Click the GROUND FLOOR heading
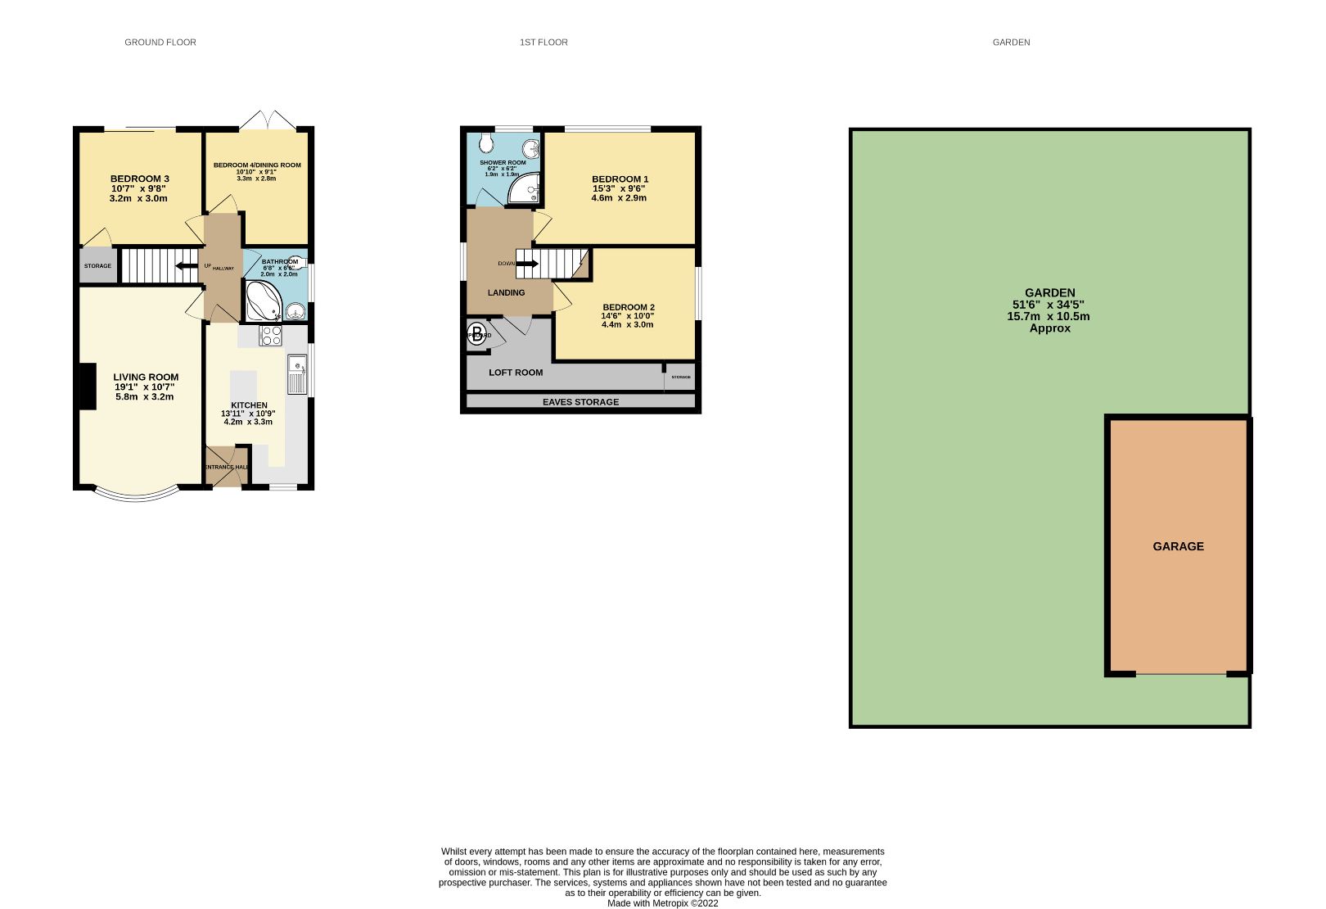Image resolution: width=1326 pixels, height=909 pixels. pos(160,43)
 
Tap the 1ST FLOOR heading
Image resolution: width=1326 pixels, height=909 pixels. pos(543,43)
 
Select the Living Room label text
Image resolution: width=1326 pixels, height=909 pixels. pos(146,378)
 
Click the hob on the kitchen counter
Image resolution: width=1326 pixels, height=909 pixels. pos(271,336)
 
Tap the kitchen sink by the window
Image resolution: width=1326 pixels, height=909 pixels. pos(296,374)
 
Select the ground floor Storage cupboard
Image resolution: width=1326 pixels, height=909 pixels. pos(98,266)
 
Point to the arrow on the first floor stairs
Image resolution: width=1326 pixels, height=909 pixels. pos(526,264)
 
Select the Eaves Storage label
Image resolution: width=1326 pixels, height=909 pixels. pos(580,402)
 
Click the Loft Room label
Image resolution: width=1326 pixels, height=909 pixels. pos(516,373)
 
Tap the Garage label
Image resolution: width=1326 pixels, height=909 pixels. pos(1178,547)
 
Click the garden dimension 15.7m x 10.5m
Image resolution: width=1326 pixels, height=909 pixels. pos(1049,316)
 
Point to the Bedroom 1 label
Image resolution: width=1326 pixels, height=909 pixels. pos(620,179)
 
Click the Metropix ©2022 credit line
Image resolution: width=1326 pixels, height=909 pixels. pos(662,903)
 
